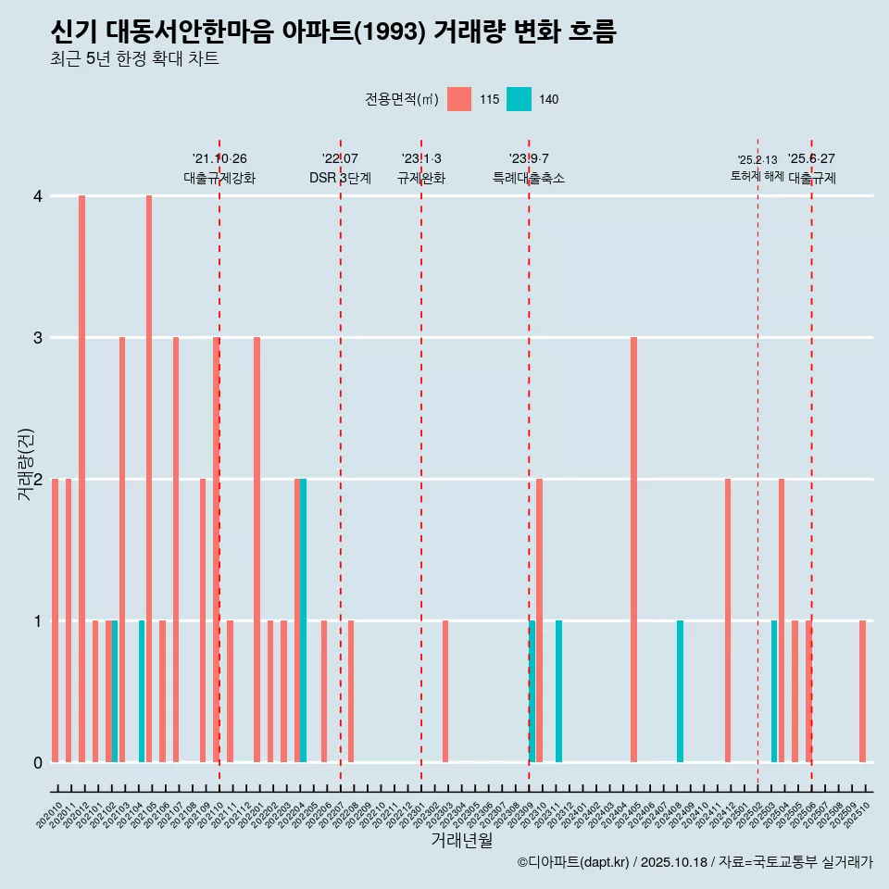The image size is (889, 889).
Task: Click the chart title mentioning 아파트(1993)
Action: [333, 32]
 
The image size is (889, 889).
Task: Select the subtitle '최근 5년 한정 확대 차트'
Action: [134, 60]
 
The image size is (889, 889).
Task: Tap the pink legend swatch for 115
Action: [458, 99]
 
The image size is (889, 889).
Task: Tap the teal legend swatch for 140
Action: [519, 99]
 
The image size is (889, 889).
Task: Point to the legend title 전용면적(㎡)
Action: [401, 99]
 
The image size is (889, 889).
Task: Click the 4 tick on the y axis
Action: [38, 196]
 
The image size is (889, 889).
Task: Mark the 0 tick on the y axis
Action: [38, 763]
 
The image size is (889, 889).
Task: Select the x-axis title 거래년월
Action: [461, 840]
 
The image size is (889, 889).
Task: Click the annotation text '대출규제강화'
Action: [219, 178]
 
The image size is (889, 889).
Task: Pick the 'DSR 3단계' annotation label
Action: [340, 178]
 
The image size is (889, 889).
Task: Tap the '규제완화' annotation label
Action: [421, 178]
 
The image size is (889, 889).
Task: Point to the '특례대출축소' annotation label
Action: [529, 178]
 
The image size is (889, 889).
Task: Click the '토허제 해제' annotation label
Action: [757, 176]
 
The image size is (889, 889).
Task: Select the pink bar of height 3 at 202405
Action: [633, 549]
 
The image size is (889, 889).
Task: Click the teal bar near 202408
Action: [680, 691]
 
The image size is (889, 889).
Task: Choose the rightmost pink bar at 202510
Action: [862, 691]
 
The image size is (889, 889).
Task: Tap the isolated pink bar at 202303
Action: [445, 691]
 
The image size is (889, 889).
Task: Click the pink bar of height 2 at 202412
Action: [728, 620]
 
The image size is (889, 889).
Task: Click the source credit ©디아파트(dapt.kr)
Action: [574, 862]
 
